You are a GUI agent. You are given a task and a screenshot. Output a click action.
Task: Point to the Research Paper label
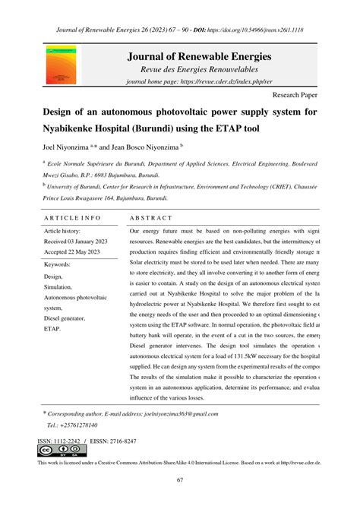tap(297, 97)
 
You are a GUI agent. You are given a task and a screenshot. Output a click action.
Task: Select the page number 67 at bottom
tap(180, 479)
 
